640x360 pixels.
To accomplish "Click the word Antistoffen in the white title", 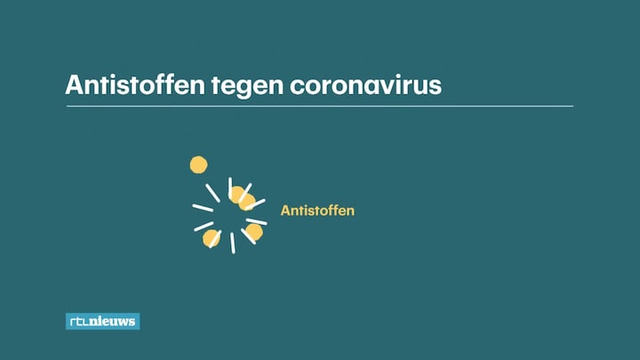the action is [135, 85].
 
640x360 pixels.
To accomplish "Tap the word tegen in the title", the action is [247, 87].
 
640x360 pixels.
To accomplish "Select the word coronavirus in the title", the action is [365, 85].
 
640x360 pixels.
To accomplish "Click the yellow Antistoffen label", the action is [317, 211].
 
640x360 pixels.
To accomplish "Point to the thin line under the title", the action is [320, 106].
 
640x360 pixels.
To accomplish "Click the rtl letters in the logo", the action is [79, 322].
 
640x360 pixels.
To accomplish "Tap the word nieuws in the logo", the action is [113, 322].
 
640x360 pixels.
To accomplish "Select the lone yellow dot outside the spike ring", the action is [198, 164].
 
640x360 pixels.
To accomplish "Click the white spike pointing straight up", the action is [230, 188].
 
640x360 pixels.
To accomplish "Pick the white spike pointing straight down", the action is [233, 243].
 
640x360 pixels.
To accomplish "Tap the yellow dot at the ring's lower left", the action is [212, 239].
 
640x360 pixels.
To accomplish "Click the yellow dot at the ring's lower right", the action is [254, 232].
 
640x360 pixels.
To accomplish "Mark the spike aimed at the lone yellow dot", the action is [212, 193].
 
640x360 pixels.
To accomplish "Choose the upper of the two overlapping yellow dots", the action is [237, 195].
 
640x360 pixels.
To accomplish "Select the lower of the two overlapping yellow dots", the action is [247, 202].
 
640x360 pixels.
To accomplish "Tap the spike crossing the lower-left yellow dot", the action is [215, 239].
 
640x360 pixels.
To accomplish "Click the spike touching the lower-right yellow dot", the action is [248, 236].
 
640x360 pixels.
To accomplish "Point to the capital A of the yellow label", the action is [285, 211].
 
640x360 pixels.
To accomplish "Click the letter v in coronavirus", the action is [385, 87].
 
